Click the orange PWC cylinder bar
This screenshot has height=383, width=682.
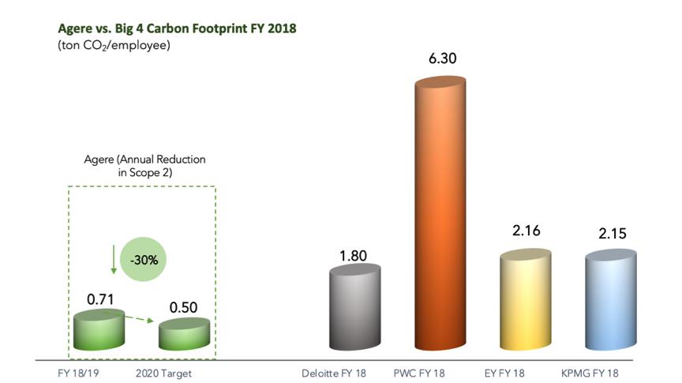click(x=440, y=213)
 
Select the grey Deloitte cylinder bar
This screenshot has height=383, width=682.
click(x=355, y=307)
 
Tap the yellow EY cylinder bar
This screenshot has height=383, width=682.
click(x=526, y=299)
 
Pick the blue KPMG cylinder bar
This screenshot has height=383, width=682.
click(x=611, y=300)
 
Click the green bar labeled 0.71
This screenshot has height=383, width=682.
click(x=99, y=330)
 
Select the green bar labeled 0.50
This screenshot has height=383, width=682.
click(x=184, y=334)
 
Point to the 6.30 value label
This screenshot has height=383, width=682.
click(x=442, y=58)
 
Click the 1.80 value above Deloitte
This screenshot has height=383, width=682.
click(x=353, y=256)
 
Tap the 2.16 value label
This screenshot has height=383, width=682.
click(x=526, y=231)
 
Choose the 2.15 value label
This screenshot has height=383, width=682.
click(x=613, y=234)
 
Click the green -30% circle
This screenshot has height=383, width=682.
click(x=143, y=259)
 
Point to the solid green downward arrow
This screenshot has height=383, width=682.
click(x=114, y=259)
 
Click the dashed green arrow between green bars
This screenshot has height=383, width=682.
click(x=129, y=317)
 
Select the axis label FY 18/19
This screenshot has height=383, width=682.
click(x=78, y=374)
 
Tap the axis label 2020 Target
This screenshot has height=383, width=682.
click(x=163, y=374)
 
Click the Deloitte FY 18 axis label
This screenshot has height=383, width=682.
click(x=334, y=374)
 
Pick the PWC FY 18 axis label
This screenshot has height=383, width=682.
click(x=419, y=374)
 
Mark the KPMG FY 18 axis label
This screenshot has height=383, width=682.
click(x=590, y=374)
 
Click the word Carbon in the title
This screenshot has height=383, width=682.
click(x=168, y=28)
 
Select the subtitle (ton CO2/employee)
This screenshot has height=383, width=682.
click(x=114, y=45)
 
